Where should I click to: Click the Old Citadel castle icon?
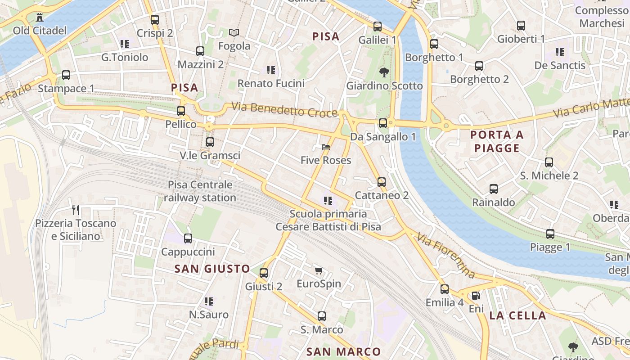tap(40, 18)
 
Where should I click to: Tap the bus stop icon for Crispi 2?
tap(155, 20)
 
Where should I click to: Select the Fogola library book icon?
tap(234, 32)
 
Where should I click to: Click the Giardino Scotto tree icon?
tap(384, 72)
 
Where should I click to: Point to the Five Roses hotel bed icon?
tap(326, 147)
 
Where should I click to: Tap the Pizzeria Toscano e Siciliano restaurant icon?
tap(76, 210)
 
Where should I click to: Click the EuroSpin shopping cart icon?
tap(319, 270)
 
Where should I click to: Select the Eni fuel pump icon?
tap(476, 296)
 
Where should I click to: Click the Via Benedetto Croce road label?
tap(284, 110)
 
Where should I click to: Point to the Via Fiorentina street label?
tap(445, 255)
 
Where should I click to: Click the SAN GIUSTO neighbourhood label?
tap(212, 269)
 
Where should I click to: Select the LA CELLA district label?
tap(517, 315)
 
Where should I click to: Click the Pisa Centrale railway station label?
tap(200, 191)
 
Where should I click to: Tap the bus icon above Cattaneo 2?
tap(382, 182)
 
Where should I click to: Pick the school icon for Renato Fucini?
tap(271, 70)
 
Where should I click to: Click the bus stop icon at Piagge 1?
tap(550, 234)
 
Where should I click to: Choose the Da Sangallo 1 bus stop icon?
tap(383, 123)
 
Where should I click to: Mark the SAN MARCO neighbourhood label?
tap(343, 351)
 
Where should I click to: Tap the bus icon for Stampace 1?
tap(66, 75)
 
